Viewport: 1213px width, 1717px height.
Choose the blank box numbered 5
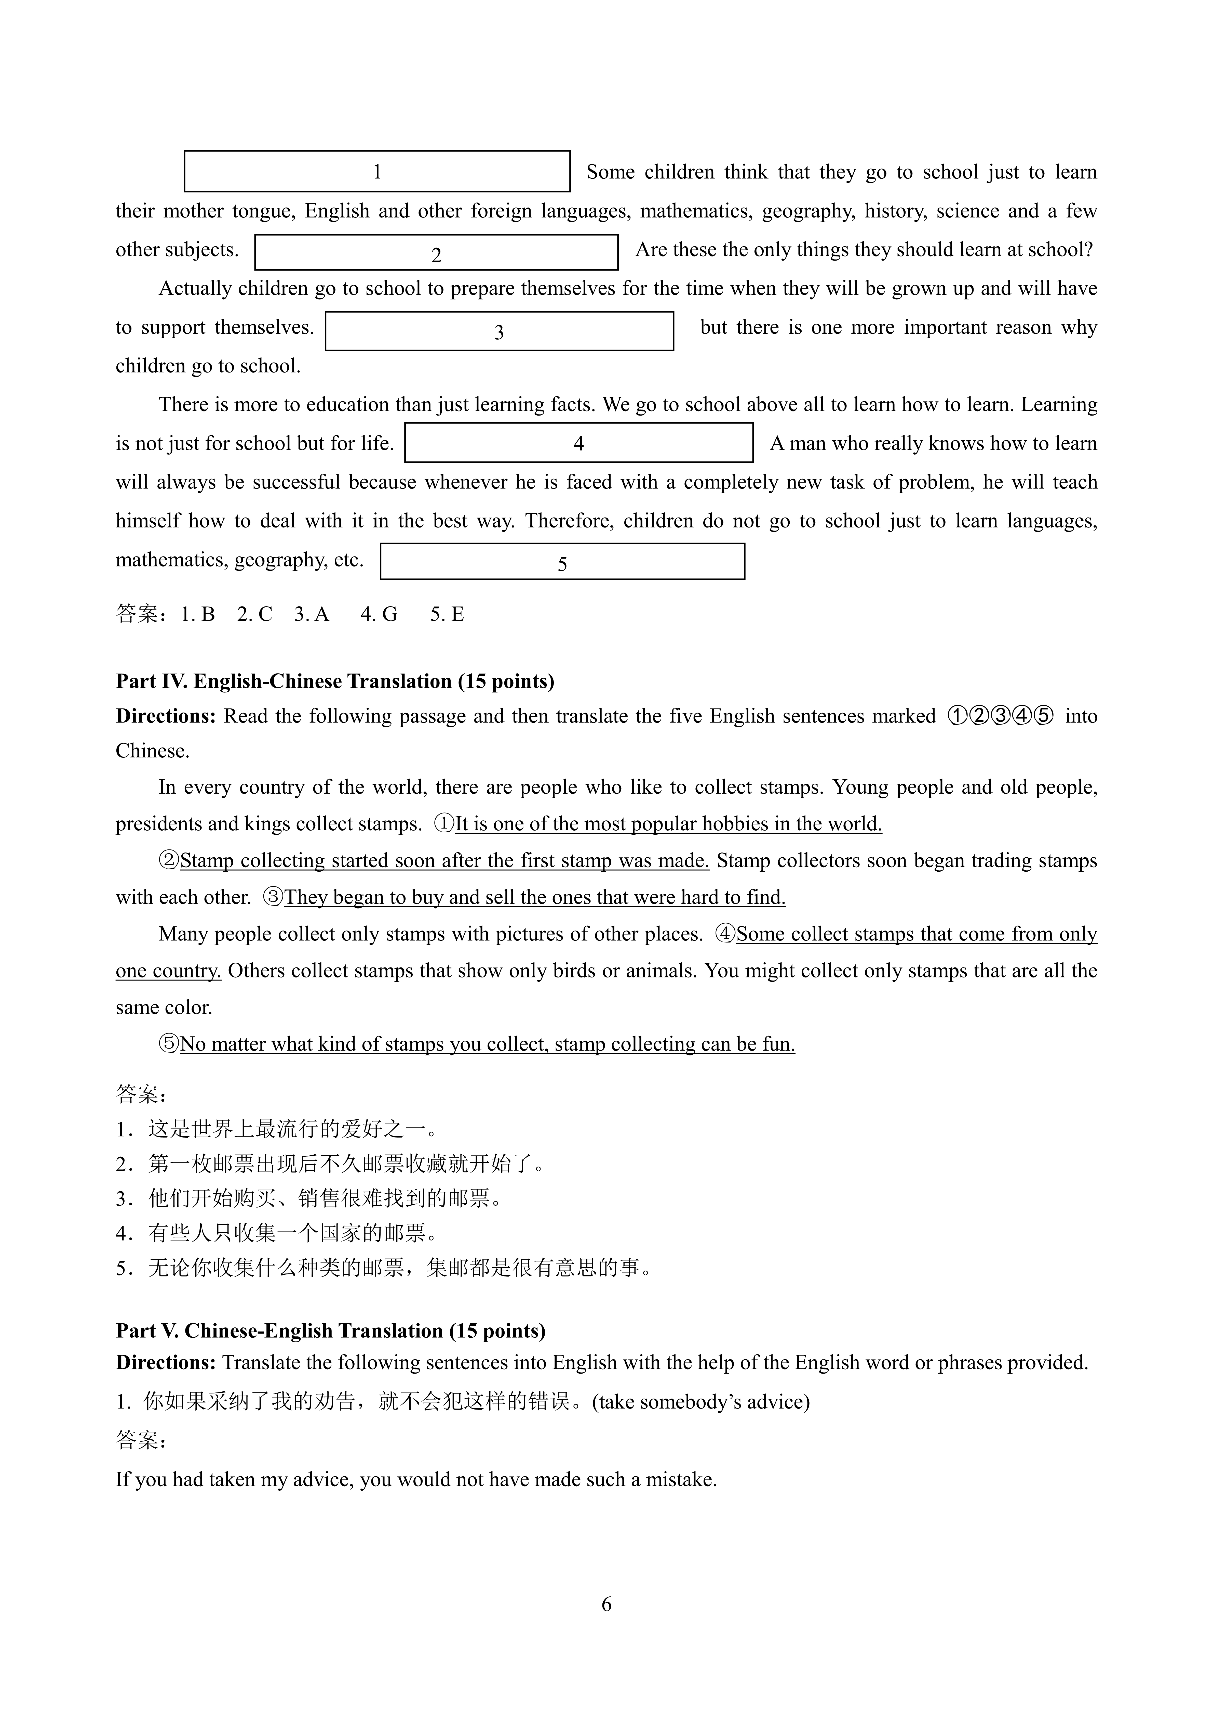tap(562, 562)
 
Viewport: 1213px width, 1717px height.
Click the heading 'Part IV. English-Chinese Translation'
tap(335, 681)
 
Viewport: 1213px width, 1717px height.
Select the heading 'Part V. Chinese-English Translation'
tap(330, 1330)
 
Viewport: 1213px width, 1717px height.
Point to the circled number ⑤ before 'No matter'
tap(169, 1044)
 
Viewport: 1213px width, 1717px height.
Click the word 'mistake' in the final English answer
tap(680, 1479)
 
